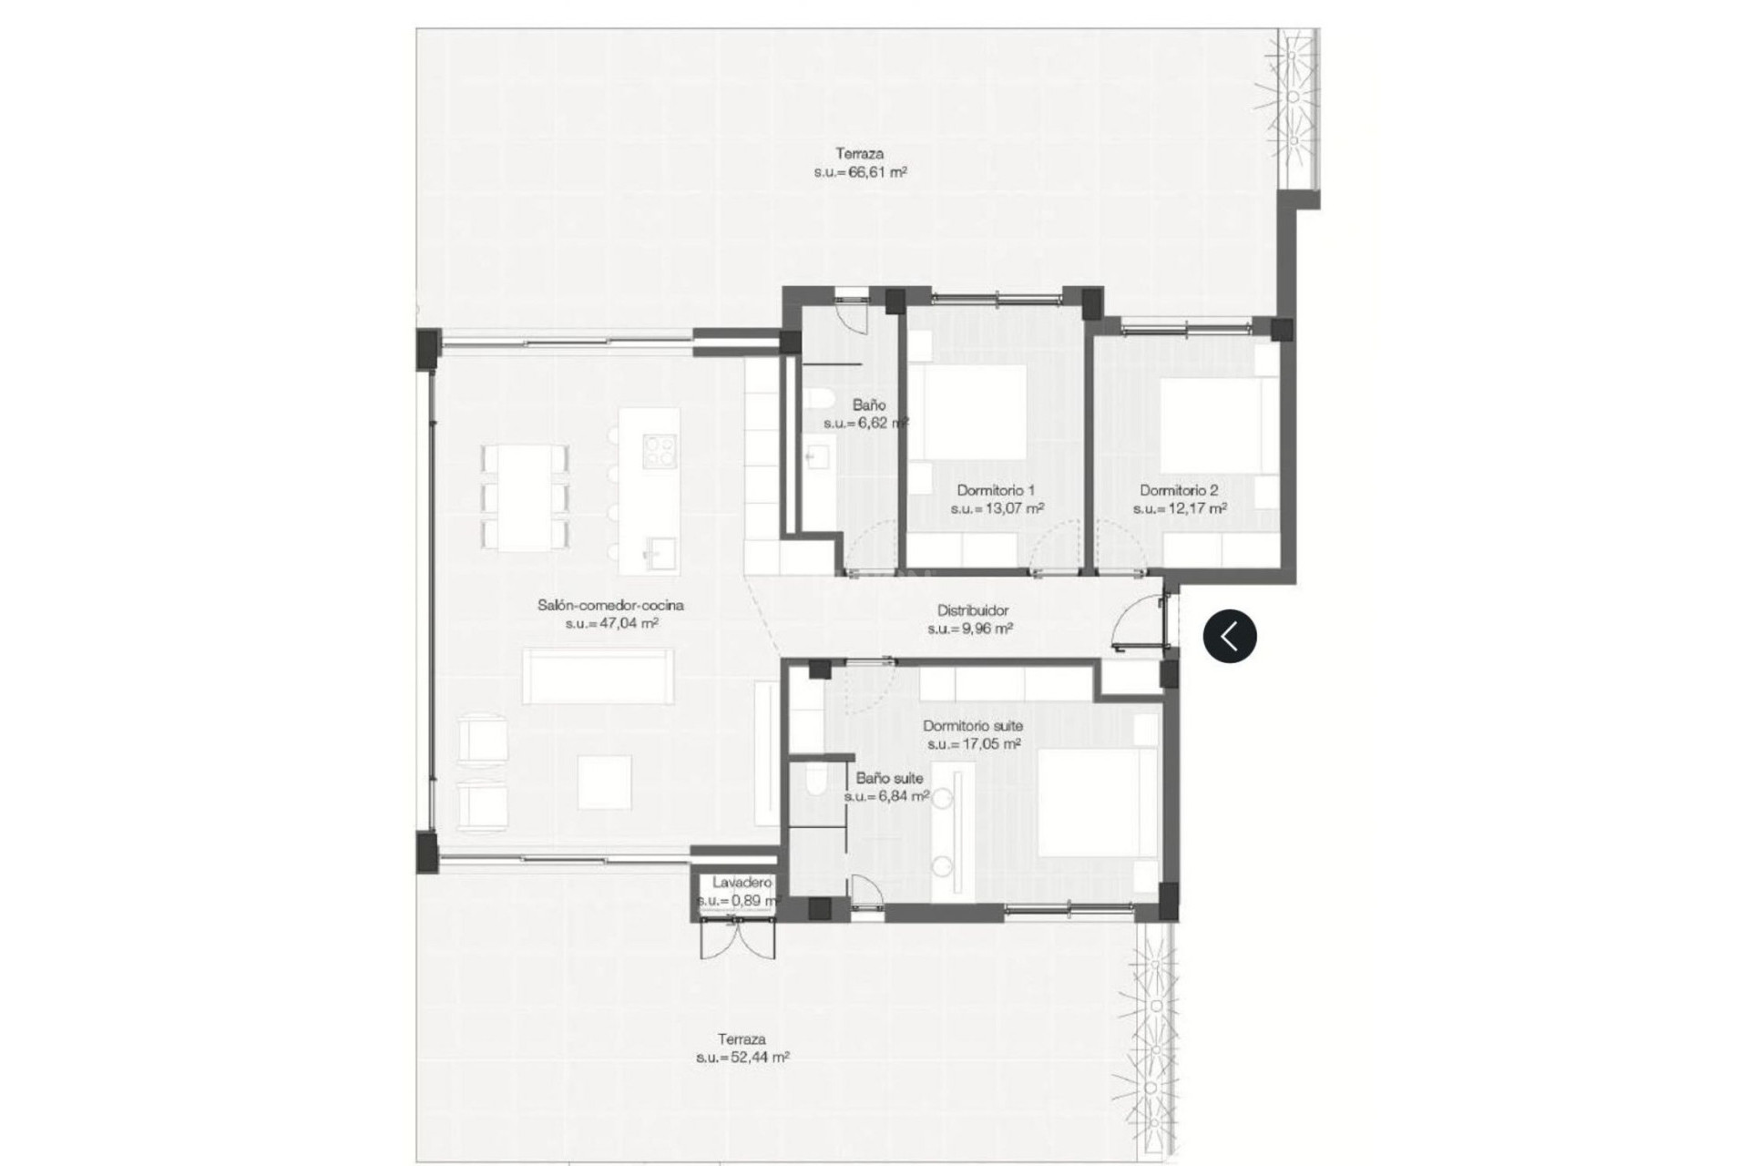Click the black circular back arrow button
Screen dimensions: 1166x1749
(x=1230, y=635)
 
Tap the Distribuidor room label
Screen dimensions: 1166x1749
(x=973, y=611)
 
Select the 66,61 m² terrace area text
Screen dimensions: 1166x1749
(x=861, y=172)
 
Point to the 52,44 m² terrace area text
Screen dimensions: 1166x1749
(x=742, y=1058)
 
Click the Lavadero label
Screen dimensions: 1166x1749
(x=742, y=883)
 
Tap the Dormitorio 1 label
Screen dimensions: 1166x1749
(x=996, y=490)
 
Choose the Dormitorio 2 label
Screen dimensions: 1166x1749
(x=1179, y=490)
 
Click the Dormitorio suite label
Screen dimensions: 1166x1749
(x=973, y=726)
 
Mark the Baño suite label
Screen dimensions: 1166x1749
(x=889, y=778)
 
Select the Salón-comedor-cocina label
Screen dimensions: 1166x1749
(x=610, y=605)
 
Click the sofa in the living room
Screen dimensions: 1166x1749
(x=598, y=675)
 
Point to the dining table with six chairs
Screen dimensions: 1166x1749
(x=524, y=497)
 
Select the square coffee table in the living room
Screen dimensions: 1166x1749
(x=604, y=782)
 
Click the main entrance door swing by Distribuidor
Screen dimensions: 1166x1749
(x=1139, y=623)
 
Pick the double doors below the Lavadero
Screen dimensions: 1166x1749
(x=737, y=938)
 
